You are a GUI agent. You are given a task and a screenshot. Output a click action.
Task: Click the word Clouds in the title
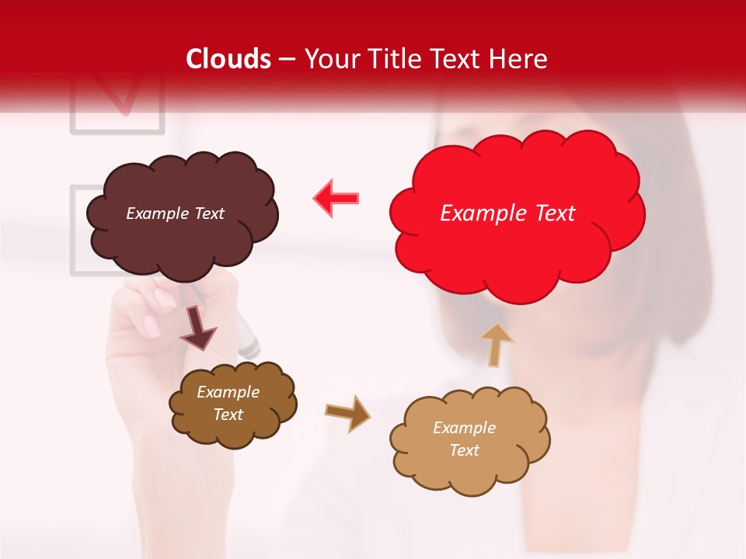tap(228, 59)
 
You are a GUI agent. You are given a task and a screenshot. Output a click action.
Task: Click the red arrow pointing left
tap(336, 198)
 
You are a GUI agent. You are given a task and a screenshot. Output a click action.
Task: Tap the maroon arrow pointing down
tap(198, 330)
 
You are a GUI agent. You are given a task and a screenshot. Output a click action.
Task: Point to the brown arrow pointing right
tap(347, 412)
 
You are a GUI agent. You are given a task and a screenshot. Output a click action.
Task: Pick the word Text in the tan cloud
tap(465, 450)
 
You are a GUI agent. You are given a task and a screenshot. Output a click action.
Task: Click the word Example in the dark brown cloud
tap(228, 392)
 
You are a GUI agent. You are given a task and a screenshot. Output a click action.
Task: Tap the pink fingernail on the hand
tap(165, 297)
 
